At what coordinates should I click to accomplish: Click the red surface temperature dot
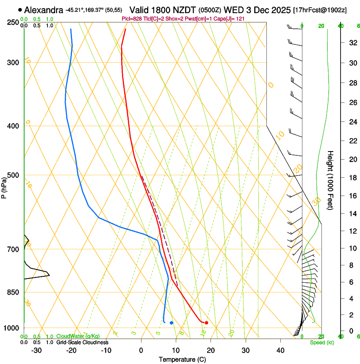[x=206, y=323]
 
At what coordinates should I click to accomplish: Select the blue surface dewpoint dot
[x=171, y=323]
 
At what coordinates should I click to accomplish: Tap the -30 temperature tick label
[x=36, y=350]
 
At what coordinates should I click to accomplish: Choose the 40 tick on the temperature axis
[x=280, y=350]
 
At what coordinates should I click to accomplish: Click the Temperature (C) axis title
[x=182, y=359]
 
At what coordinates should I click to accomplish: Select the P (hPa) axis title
[x=4, y=186]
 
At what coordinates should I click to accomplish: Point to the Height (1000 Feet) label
[x=330, y=180]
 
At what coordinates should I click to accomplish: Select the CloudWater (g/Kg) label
[x=72, y=336]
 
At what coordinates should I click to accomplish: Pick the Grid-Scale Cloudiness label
[x=82, y=342]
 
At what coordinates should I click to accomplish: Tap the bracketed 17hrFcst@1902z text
[x=320, y=10]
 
